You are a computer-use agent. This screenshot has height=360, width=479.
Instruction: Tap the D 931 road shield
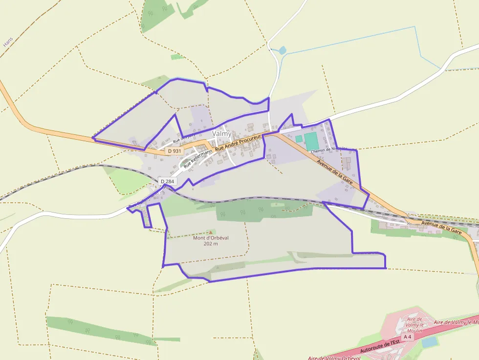174,151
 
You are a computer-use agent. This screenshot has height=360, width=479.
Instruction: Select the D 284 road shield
167,182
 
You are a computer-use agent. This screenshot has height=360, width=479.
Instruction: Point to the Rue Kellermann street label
198,159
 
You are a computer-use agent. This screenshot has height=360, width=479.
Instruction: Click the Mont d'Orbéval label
211,238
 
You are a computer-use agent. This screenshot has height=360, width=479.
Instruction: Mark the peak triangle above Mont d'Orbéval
211,232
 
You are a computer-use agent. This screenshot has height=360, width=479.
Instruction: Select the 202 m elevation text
211,244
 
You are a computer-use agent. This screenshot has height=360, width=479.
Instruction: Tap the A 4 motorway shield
407,337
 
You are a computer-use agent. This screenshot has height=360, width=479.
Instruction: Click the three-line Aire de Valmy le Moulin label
414,325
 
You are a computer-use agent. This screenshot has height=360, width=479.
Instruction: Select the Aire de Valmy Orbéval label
333,358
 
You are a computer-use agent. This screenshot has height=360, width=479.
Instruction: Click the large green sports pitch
311,141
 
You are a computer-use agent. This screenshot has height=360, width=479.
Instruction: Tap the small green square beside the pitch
299,139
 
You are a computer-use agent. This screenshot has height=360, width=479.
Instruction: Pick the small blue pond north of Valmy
282,50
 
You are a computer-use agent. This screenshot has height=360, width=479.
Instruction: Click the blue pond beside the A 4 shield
429,342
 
